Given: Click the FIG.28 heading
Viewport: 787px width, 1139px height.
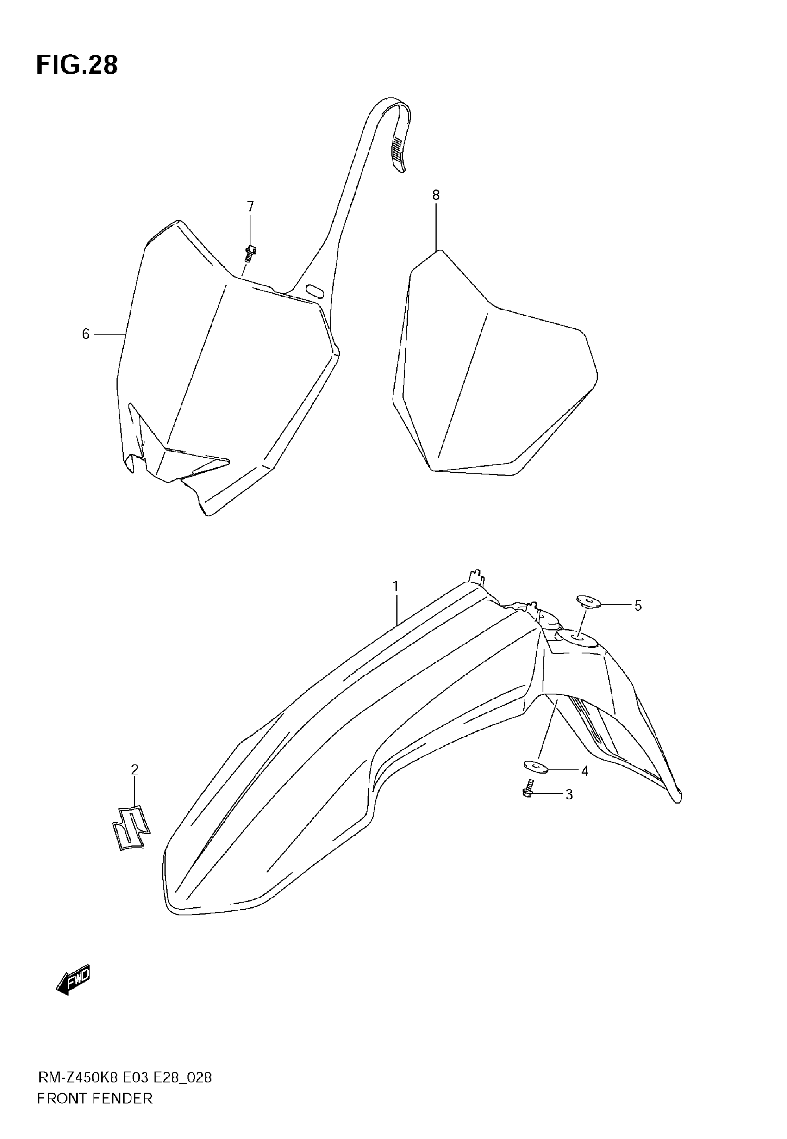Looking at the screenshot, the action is tap(77, 65).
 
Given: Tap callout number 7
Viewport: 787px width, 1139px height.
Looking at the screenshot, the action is tap(250, 206).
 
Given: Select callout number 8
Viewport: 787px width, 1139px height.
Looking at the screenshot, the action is tap(436, 195).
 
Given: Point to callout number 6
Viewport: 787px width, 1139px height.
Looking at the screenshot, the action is tap(86, 334).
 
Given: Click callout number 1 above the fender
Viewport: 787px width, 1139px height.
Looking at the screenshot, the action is tap(395, 587).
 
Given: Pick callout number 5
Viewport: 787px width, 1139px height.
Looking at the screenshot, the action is tap(638, 606).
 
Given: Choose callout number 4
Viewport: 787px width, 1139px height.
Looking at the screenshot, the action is tap(585, 771).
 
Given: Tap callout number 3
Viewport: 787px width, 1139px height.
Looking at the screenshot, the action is tap(569, 795).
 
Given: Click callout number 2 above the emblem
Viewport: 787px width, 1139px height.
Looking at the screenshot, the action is tap(135, 769).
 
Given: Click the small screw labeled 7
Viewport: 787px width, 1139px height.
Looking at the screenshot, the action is tap(250, 254).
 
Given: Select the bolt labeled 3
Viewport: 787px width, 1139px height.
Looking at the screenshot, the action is tap(528, 789).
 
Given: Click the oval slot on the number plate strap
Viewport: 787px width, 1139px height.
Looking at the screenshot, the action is tap(315, 290).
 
